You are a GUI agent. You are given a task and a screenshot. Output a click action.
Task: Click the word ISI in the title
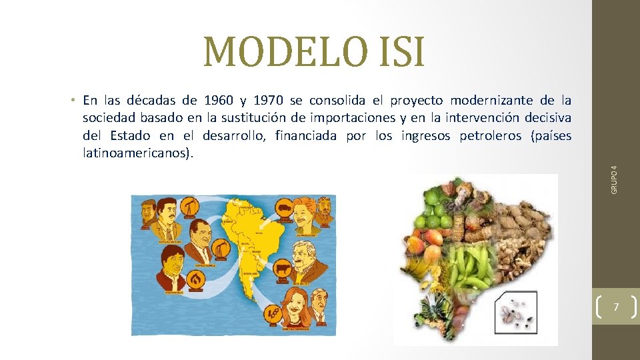pyautogui.click(x=398, y=53)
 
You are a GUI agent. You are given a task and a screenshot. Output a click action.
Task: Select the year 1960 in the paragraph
pyautogui.click(x=219, y=101)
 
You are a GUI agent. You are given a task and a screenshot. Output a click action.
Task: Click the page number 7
pyautogui.click(x=615, y=307)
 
